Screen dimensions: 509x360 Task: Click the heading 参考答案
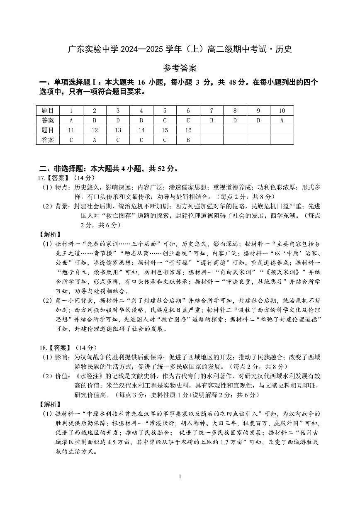(180, 68)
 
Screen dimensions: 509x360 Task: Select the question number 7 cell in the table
(212, 111)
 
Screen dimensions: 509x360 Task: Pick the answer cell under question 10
(282, 120)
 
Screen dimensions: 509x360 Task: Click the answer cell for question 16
(188, 140)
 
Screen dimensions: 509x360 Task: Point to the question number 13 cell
(118, 130)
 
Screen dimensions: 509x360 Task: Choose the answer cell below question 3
(118, 120)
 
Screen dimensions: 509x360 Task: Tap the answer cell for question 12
(95, 140)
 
